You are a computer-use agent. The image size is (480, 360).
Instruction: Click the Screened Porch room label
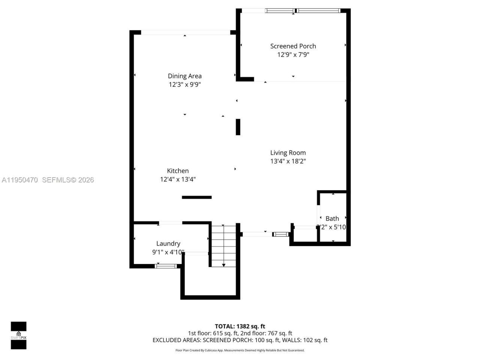tap(293, 46)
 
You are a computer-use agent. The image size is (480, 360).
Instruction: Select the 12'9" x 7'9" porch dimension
tap(293, 55)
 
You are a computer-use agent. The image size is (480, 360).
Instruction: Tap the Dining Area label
tap(184, 76)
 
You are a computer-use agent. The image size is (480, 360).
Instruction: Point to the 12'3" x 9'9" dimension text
tap(184, 85)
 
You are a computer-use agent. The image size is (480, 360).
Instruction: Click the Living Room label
tap(288, 153)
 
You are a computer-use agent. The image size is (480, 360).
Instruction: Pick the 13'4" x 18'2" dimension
tap(288, 161)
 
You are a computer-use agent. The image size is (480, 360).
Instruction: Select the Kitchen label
tap(178, 171)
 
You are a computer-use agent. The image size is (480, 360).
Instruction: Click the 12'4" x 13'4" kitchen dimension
tap(178, 179)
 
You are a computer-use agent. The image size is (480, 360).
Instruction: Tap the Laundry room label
tap(168, 243)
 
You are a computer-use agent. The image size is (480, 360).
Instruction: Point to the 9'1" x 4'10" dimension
tap(168, 252)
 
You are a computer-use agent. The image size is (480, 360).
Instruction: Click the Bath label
tap(332, 218)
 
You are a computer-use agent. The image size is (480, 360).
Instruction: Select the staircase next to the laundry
tap(223, 246)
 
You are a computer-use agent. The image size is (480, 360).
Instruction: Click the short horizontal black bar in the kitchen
tap(196, 197)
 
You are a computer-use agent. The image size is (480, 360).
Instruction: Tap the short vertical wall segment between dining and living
tap(238, 127)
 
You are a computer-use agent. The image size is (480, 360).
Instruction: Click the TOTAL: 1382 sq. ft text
tap(240, 326)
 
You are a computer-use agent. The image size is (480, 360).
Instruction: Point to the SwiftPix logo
tap(18, 335)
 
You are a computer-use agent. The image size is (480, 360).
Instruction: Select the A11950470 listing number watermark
tap(19, 180)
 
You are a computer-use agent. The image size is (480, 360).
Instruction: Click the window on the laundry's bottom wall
tap(166, 266)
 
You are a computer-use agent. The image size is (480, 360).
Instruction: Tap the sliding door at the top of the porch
tap(303, 11)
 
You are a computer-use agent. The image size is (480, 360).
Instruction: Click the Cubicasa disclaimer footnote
tap(240, 350)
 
